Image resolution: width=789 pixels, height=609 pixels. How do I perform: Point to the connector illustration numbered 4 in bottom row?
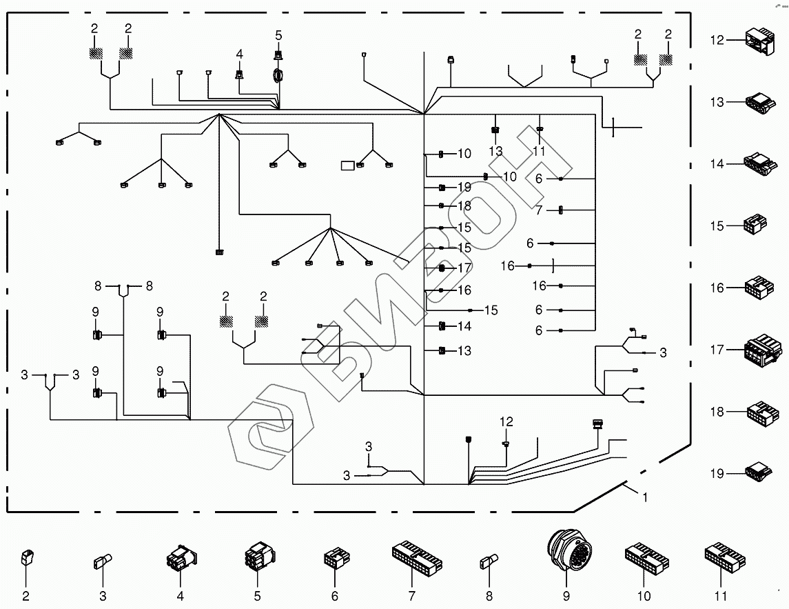(181, 558)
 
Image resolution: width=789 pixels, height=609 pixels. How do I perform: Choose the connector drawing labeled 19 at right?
(760, 472)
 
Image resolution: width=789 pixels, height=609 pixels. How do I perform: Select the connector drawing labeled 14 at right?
(761, 163)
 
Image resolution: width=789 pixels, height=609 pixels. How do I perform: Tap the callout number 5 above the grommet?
(278, 35)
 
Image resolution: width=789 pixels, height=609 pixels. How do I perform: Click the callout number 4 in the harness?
(239, 54)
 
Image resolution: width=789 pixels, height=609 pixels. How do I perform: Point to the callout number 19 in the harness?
(464, 188)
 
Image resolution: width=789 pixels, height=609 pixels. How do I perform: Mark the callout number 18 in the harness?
(464, 206)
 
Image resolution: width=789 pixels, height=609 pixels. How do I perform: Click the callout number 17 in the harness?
(464, 268)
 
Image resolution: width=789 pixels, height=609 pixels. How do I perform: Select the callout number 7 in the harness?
(539, 210)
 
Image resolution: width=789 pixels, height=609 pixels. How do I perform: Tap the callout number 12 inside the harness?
(506, 421)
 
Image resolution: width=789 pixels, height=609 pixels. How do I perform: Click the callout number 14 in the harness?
(464, 326)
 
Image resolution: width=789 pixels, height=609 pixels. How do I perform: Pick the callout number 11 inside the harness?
(539, 151)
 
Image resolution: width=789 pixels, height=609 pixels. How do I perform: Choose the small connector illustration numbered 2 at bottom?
(26, 557)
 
